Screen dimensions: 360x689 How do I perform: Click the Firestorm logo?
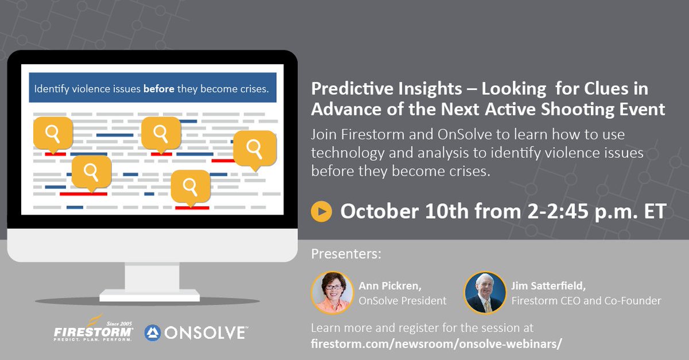point(94,332)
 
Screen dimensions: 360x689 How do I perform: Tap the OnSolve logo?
point(196,332)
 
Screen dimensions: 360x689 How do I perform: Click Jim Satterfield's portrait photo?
point(485,292)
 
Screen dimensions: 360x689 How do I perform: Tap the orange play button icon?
point(322,211)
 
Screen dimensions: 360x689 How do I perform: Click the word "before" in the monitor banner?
point(158,90)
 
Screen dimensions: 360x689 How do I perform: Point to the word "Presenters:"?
point(346,254)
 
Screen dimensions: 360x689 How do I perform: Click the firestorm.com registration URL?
point(436,343)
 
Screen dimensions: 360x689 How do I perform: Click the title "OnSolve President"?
point(402,300)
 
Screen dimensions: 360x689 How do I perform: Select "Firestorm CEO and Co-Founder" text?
point(586,300)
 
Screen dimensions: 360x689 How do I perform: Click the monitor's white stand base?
point(149,296)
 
